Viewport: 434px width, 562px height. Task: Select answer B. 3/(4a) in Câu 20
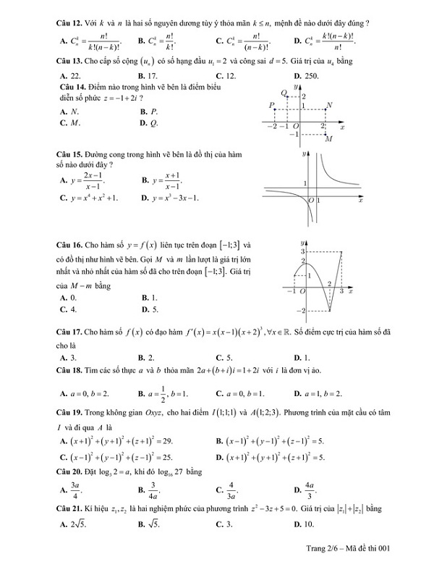[x=150, y=485]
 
